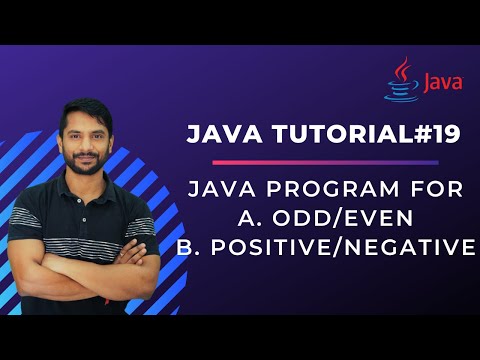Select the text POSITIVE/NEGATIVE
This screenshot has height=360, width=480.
[357, 246]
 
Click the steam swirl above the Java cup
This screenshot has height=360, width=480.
[403, 69]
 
